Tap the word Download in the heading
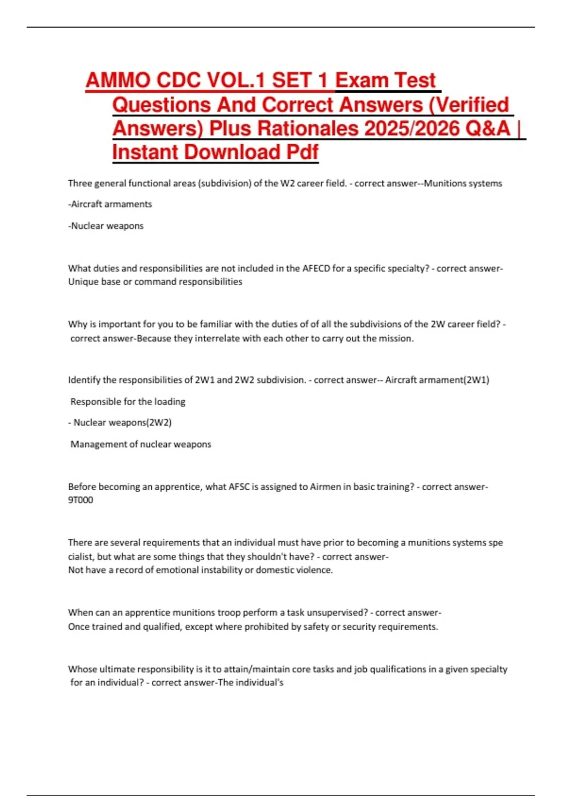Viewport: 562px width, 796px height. click(x=232, y=152)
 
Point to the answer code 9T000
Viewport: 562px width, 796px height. click(x=81, y=500)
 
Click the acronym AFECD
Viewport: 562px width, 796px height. click(x=316, y=268)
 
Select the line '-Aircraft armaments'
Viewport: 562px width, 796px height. click(x=110, y=204)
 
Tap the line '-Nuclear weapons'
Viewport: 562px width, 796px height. click(x=106, y=226)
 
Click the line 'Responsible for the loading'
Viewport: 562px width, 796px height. click(x=128, y=402)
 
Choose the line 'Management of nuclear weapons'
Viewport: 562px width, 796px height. click(x=140, y=444)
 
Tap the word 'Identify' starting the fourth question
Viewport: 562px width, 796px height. click(x=84, y=380)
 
